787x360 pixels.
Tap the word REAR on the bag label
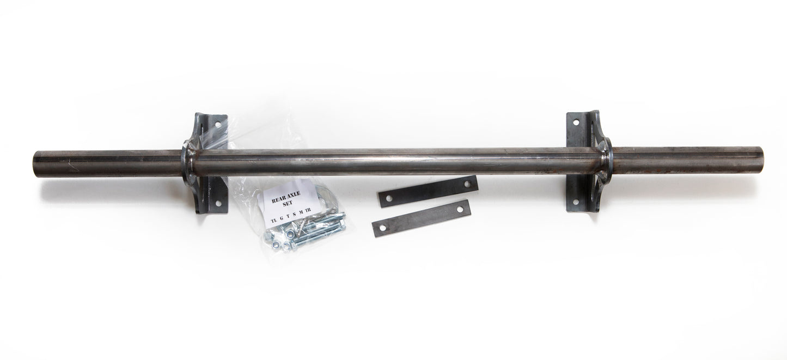(x=277, y=199)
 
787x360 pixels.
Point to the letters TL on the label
(x=273, y=220)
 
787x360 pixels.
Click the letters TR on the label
(x=308, y=210)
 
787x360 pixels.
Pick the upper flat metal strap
(x=428, y=191)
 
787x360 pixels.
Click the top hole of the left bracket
(x=218, y=124)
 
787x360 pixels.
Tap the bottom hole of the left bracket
(x=218, y=203)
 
